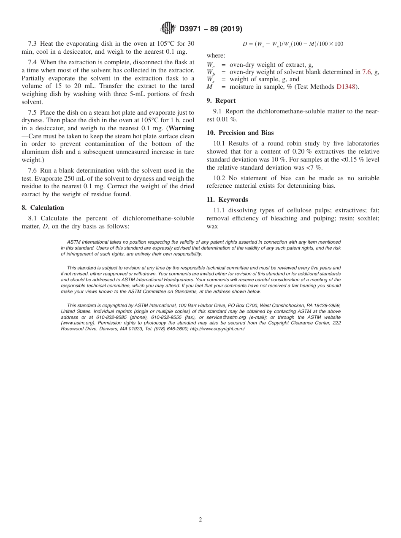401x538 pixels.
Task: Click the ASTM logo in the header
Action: (168, 28)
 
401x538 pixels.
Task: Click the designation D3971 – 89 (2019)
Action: (211, 29)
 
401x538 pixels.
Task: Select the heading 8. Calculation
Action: (43, 208)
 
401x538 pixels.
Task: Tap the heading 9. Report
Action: (221, 101)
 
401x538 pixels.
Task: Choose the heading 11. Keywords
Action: (227, 200)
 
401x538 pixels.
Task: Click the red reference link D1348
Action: (346, 87)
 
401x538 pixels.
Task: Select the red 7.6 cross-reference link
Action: (366, 72)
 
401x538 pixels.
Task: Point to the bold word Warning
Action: (182, 128)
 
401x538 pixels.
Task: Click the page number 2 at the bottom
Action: (200, 520)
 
